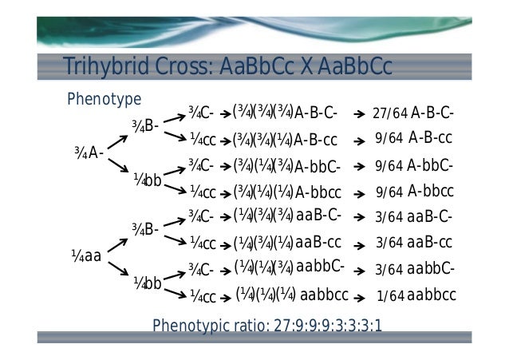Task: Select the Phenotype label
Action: (104, 99)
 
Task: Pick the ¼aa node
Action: (86, 256)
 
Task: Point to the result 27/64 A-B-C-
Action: (413, 113)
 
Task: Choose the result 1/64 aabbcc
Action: (416, 295)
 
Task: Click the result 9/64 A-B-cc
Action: (413, 138)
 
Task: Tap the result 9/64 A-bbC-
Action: (414, 166)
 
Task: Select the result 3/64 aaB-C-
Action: (414, 216)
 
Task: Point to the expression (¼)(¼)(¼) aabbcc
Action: (292, 295)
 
